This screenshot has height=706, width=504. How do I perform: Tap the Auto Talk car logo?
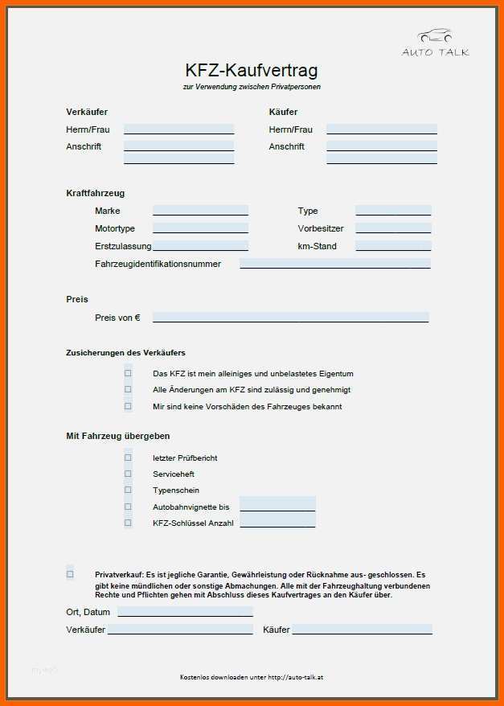tap(435, 37)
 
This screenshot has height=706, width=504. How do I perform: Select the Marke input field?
tap(200, 211)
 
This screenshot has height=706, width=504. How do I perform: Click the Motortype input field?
tap(200, 228)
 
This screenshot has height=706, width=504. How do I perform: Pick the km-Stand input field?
tap(393, 246)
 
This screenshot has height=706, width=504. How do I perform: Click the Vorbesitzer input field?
tap(393, 228)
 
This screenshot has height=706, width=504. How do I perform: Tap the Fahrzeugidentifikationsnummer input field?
tap(334, 263)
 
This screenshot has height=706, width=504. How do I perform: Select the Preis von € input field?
tap(290, 317)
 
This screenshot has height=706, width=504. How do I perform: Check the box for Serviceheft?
tap(128, 474)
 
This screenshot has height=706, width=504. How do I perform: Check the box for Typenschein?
tap(128, 490)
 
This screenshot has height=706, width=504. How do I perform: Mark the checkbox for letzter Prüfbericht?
tap(128, 458)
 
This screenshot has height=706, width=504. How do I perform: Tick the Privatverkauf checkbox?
tap(70, 574)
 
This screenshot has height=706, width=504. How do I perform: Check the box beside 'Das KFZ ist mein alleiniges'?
tap(128, 373)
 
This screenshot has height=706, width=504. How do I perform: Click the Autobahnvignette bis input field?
tap(277, 506)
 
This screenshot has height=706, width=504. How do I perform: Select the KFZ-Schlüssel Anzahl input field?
tap(277, 523)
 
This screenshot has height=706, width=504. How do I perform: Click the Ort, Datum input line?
tap(185, 612)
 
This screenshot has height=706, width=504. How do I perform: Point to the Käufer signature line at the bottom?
tap(362, 630)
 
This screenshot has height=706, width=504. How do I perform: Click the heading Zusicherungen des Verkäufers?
tap(125, 352)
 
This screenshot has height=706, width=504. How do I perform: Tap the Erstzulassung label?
tap(123, 246)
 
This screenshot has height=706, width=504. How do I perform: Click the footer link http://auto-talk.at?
tap(296, 677)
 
